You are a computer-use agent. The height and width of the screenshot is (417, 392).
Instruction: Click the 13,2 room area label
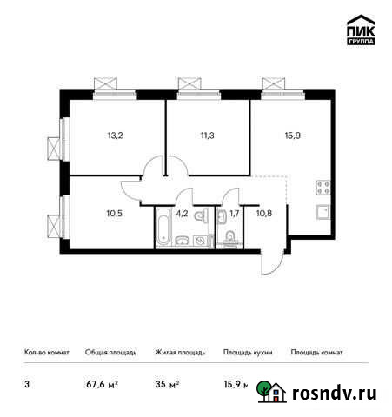pyautogui.click(x=115, y=135)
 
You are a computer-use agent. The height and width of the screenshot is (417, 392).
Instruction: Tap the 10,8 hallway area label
pyautogui.click(x=263, y=208)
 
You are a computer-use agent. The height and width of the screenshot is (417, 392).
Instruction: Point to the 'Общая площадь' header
pyautogui.click(x=109, y=353)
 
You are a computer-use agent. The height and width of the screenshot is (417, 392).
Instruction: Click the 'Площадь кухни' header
pyautogui.click(x=248, y=353)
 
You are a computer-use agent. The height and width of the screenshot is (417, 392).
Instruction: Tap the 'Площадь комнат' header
pyautogui.click(x=316, y=353)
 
